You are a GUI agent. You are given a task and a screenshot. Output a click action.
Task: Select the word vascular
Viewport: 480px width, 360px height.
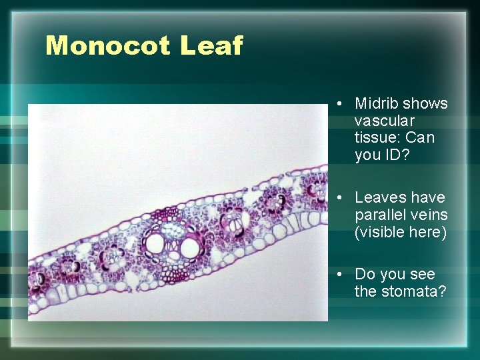(x=385, y=121)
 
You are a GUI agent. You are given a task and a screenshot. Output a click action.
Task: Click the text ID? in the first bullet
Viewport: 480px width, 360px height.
(x=394, y=155)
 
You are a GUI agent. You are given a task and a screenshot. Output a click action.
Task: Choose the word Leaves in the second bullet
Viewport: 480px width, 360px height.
(x=377, y=198)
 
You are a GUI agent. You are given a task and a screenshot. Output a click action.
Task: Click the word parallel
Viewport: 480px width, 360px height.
(x=378, y=215)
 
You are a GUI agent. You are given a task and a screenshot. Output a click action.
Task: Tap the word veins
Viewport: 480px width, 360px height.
(x=429, y=215)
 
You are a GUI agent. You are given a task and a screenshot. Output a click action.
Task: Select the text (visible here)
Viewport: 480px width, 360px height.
(x=400, y=232)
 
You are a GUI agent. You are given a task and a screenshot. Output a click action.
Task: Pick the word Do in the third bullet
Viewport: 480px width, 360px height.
(x=364, y=275)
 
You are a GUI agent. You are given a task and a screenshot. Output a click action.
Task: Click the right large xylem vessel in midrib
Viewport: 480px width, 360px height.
(x=190, y=248)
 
